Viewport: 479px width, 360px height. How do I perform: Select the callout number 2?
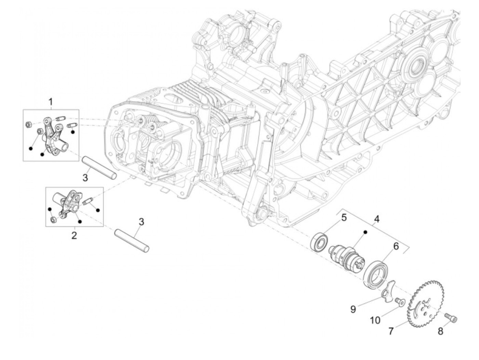(74, 235)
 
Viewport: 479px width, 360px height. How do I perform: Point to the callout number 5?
(344, 217)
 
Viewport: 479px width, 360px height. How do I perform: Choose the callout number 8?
(441, 331)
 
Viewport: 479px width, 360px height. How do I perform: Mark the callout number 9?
(353, 309)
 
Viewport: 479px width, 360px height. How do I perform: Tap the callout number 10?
(375, 320)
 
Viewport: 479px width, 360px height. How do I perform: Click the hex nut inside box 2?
(53, 219)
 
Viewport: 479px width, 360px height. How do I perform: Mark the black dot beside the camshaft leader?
(365, 232)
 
